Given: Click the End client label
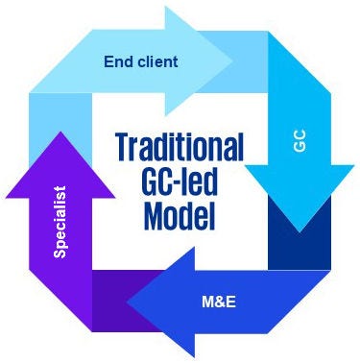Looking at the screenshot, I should coord(140,63).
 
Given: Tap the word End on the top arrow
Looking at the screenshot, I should coord(116,63).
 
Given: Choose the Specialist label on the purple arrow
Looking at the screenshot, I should coord(60,221).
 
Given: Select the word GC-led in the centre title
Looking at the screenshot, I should coord(180,182).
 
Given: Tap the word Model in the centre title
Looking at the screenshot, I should coord(180,216).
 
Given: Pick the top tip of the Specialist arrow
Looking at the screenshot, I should coord(60,132).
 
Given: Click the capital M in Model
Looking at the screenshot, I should coord(153,216).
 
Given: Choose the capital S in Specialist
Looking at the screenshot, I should coord(60,254).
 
